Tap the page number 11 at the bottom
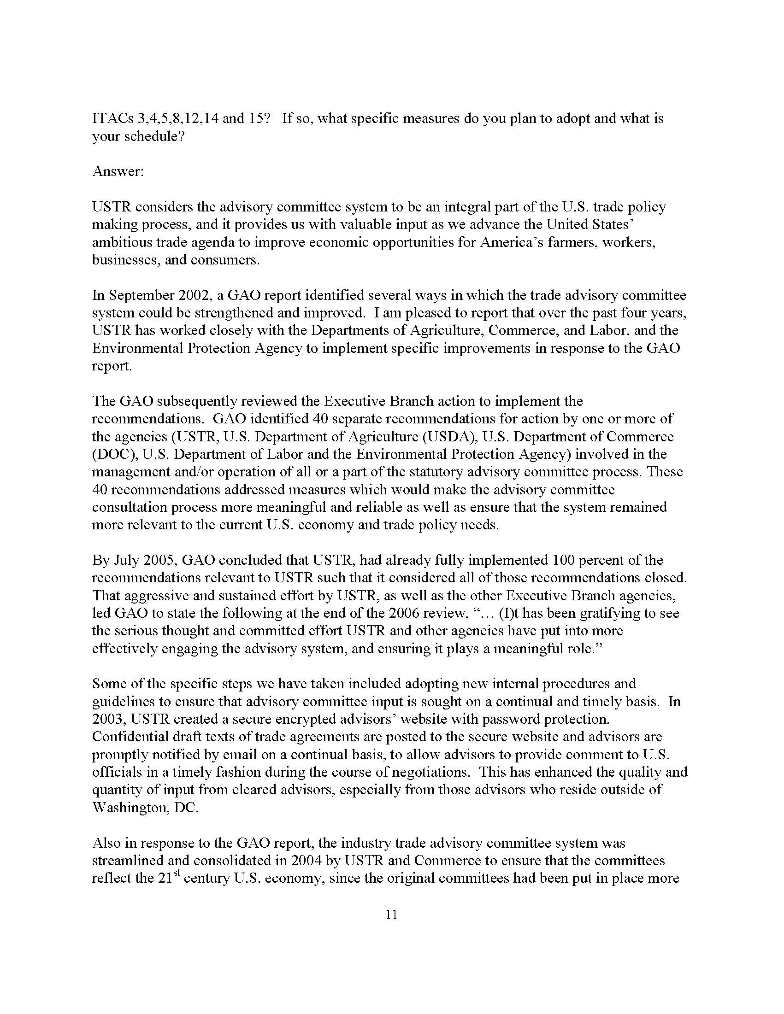point(391,914)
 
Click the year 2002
point(194,295)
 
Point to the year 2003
point(108,719)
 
